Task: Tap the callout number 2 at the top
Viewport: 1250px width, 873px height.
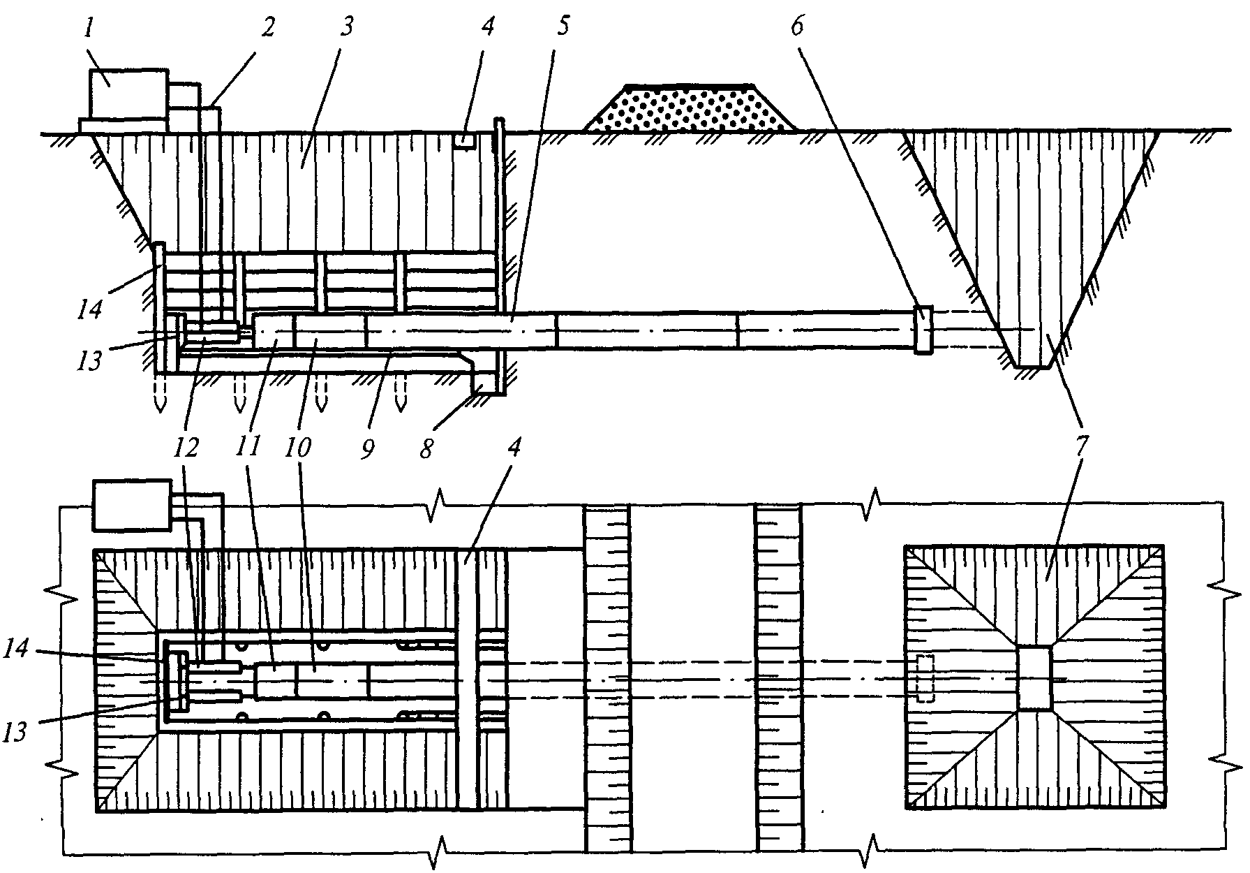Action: tap(267, 28)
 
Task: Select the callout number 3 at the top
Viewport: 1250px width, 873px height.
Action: tap(346, 28)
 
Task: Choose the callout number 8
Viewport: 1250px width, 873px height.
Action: tap(425, 447)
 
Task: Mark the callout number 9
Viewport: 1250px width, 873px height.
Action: tap(366, 447)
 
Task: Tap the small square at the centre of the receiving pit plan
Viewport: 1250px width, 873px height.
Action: tap(1034, 678)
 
